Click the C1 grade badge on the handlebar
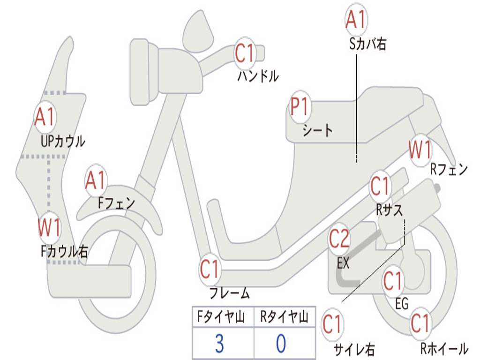tap(244, 53)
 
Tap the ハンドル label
tap(258, 75)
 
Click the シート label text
tap(317, 130)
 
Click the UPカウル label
tap(63, 141)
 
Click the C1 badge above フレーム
tap(210, 270)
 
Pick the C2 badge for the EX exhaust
tap(339, 240)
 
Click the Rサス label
tap(389, 210)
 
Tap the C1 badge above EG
tap(393, 282)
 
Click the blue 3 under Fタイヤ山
tap(219, 344)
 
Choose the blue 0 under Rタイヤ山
tap(280, 344)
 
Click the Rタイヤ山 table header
tap(284, 318)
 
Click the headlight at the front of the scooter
tap(140, 70)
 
